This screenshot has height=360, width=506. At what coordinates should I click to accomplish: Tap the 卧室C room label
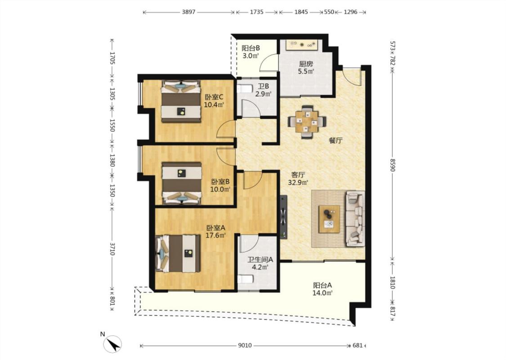pos(214,97)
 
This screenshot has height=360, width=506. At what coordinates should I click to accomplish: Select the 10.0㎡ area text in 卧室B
pos(220,189)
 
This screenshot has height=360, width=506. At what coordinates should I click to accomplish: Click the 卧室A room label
pos(215,228)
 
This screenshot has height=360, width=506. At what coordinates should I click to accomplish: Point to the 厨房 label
pos(306,64)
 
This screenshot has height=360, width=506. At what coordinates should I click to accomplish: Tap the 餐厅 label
pos(336,140)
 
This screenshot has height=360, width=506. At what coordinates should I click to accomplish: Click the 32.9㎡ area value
pos(298,183)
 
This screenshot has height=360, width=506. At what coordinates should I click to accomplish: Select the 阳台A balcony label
pos(322,285)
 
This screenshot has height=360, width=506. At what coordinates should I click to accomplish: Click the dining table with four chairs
pos(307,122)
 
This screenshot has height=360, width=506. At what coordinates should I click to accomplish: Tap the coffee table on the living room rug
pos(329,219)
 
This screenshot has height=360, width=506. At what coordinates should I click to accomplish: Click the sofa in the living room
pos(355,219)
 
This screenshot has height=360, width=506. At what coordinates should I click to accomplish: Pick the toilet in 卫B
pos(245,89)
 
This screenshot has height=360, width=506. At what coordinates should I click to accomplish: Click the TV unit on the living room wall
pos(284,217)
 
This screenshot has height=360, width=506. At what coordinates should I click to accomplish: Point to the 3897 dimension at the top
pos(188,12)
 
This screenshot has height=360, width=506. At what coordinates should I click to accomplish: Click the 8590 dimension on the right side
pos(392,165)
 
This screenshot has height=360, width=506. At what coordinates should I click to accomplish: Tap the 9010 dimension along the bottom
pos(245,346)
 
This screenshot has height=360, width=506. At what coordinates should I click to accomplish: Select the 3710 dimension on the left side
pos(112,248)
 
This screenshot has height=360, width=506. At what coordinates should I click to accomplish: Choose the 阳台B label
pos(251,48)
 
